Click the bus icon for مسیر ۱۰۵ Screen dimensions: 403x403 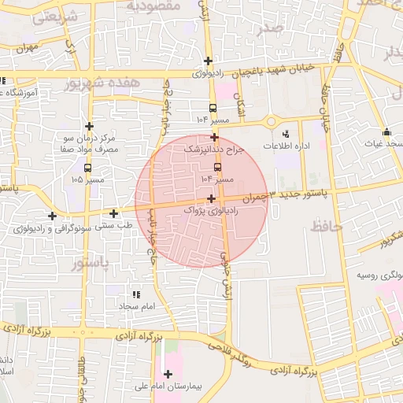(x=87, y=168)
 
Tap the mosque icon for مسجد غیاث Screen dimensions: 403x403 (x=386, y=131)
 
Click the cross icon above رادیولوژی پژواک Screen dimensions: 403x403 (x=211, y=198)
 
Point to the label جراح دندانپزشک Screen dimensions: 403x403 (x=214, y=148)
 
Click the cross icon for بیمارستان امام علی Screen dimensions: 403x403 (x=168, y=374)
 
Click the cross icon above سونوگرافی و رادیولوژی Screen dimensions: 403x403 (x=53, y=216)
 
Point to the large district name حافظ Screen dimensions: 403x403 (x=327, y=227)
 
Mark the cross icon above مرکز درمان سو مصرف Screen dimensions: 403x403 (x=90, y=126)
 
